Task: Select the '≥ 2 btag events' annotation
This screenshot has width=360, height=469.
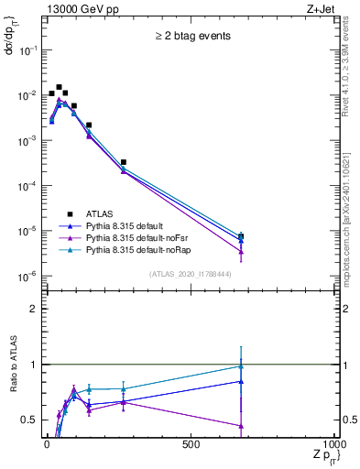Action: (191, 37)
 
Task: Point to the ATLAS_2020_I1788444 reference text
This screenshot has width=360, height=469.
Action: (191, 273)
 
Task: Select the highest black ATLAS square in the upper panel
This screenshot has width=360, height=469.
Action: (59, 88)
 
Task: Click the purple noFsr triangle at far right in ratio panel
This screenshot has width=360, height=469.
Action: (241, 426)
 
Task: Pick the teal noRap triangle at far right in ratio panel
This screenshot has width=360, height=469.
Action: (241, 366)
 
